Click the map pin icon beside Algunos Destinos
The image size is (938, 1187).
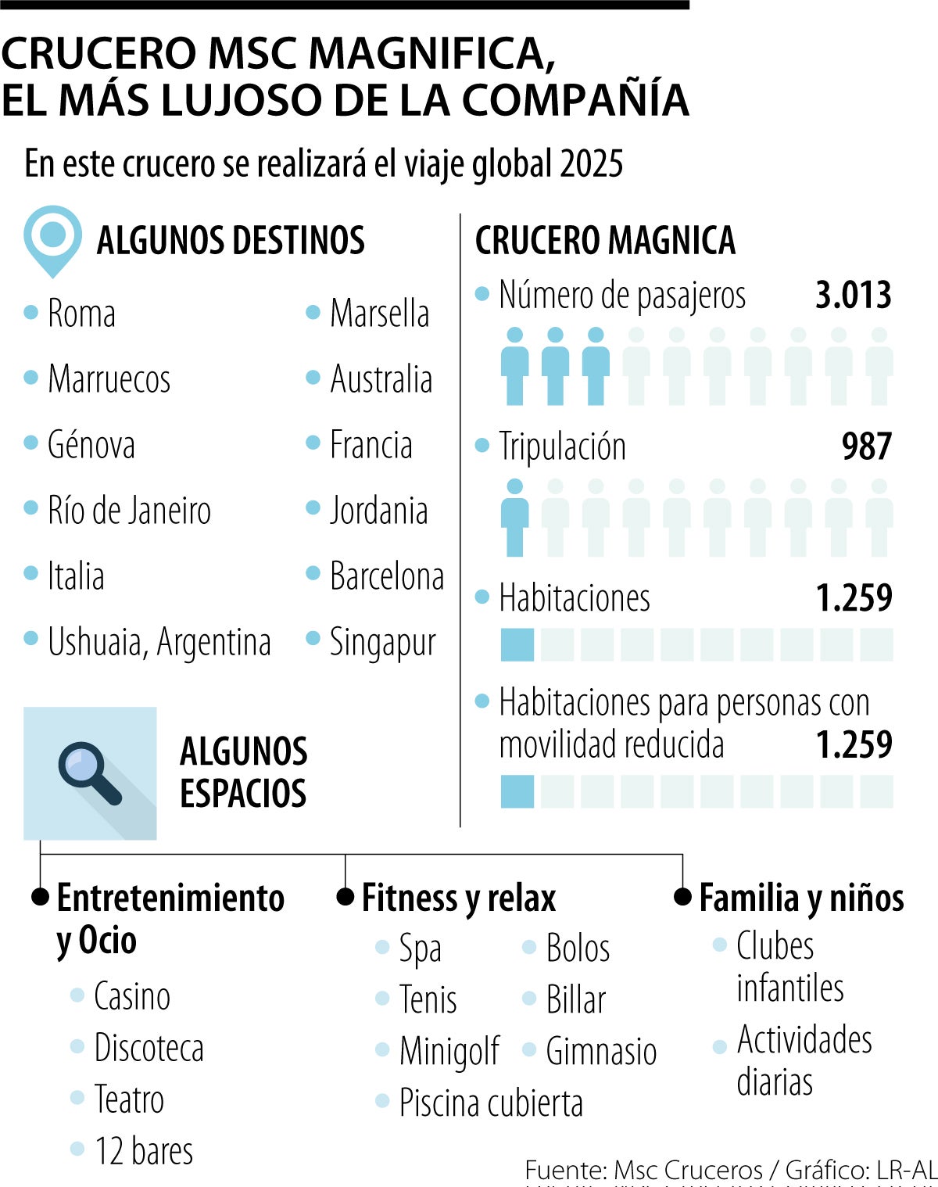click(x=52, y=239)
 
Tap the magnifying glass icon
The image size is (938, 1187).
click(x=90, y=774)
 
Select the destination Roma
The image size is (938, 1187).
click(x=81, y=314)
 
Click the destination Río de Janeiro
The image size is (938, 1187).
click(x=129, y=511)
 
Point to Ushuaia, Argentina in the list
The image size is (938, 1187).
click(x=159, y=642)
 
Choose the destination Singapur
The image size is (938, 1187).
click(x=382, y=643)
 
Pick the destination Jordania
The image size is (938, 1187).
click(x=378, y=511)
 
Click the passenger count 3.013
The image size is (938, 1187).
click(x=853, y=296)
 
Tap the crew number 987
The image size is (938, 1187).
click(x=866, y=446)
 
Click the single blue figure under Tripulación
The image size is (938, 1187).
click(x=514, y=518)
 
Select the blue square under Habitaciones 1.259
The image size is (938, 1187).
click(x=517, y=645)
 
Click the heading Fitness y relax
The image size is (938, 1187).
click(x=458, y=898)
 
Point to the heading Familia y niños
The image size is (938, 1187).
click(x=801, y=898)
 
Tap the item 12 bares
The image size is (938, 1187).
click(x=144, y=1151)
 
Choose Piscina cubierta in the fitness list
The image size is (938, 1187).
click(x=491, y=1103)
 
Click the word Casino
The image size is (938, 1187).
click(x=132, y=996)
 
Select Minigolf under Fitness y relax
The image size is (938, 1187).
click(x=449, y=1051)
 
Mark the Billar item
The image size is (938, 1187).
click(x=576, y=999)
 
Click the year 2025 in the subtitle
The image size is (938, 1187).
click(x=591, y=164)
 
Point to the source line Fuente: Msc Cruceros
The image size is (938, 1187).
click(x=643, y=1170)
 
